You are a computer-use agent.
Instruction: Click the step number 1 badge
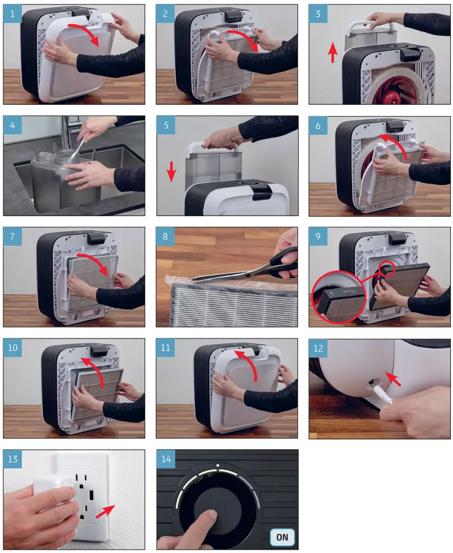(x=13, y=14)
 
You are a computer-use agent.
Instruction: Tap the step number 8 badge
(x=165, y=236)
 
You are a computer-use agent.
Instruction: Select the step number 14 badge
(x=166, y=459)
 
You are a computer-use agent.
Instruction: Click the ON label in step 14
(x=282, y=537)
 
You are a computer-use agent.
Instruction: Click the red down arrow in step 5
(x=171, y=171)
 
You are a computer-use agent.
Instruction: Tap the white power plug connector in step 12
(x=381, y=393)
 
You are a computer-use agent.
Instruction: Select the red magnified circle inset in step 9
(x=339, y=296)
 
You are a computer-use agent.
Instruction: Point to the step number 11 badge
(x=165, y=348)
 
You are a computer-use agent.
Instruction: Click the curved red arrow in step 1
(x=85, y=34)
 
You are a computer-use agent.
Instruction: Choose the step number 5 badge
(x=166, y=125)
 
